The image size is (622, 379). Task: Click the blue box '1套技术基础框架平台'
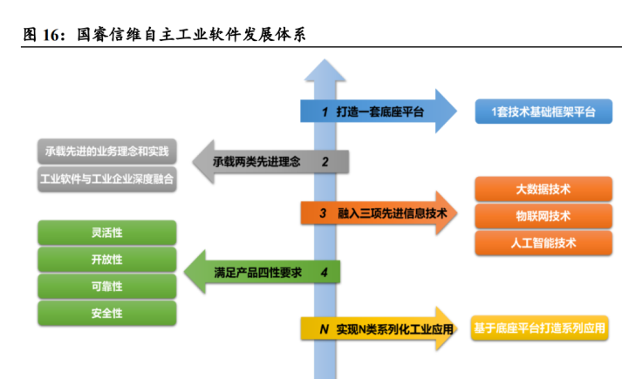pos(543,112)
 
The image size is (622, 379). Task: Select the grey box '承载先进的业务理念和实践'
pos(107,152)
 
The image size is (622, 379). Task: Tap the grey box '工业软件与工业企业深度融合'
pos(107,179)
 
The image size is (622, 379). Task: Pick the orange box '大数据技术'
pos(543,189)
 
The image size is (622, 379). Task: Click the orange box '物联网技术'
pos(543,216)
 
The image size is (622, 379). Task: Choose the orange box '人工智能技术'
pos(543,243)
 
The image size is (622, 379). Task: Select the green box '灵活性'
pos(107,233)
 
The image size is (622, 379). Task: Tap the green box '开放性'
pos(107,260)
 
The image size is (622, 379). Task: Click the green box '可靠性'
pos(107,287)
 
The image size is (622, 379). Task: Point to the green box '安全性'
pos(107,314)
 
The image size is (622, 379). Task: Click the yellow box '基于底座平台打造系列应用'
pos(539,328)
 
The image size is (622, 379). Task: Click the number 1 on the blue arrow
pos(325,112)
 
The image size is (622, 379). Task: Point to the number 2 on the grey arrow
pos(325,161)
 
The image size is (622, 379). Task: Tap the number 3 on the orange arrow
pos(323,213)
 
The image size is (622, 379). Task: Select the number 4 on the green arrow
pos(325,273)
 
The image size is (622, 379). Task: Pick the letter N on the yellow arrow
pos(325,329)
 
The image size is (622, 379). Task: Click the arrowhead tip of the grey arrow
pos(193,161)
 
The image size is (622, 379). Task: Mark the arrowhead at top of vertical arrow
pos(325,59)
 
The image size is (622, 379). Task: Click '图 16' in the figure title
pos(42,35)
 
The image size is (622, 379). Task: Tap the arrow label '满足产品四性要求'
pos(258,273)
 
